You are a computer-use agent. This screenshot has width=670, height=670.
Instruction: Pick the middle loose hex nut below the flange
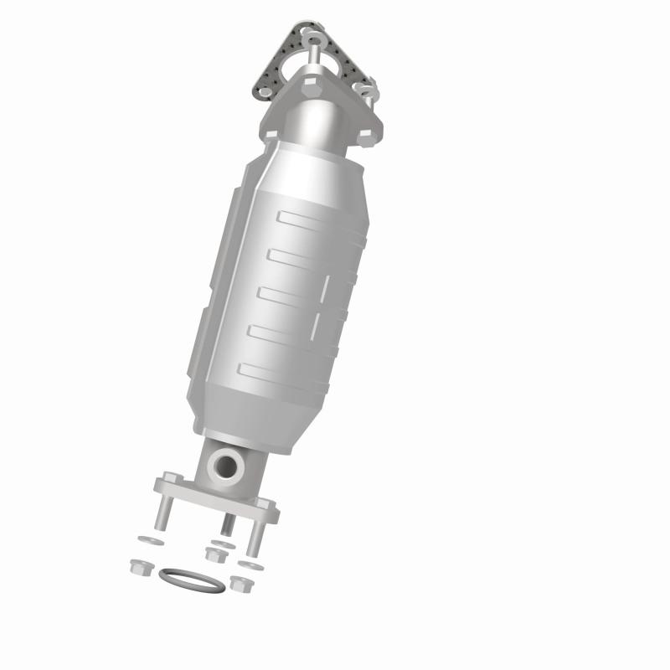(214, 554)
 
